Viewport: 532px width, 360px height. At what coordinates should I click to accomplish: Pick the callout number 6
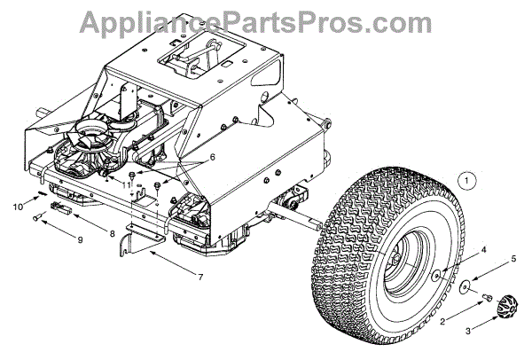[x=212, y=157]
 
